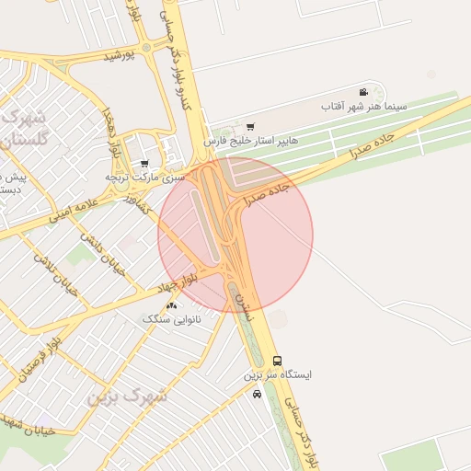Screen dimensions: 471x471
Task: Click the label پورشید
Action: tap(120, 56)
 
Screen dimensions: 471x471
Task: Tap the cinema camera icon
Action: tap(364, 92)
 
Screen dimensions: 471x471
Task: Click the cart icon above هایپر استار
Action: tap(250, 126)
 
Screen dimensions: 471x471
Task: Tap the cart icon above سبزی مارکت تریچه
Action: tap(144, 163)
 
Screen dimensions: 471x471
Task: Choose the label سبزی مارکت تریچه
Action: tap(144, 176)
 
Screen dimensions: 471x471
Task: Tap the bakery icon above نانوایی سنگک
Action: tap(170, 304)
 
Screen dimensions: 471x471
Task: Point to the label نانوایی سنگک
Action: tap(170, 318)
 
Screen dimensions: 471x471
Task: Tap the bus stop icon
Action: tap(278, 362)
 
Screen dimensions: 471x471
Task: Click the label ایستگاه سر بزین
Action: tap(278, 375)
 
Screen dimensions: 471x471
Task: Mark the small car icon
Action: tap(257, 394)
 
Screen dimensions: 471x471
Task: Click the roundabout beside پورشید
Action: tap(145, 48)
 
